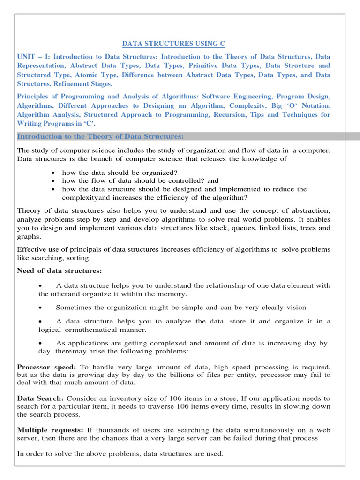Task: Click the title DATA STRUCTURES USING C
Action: pos(174,44)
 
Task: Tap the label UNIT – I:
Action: pos(34,57)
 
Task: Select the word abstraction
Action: pos(304,210)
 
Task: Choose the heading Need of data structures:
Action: pos(59,271)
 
